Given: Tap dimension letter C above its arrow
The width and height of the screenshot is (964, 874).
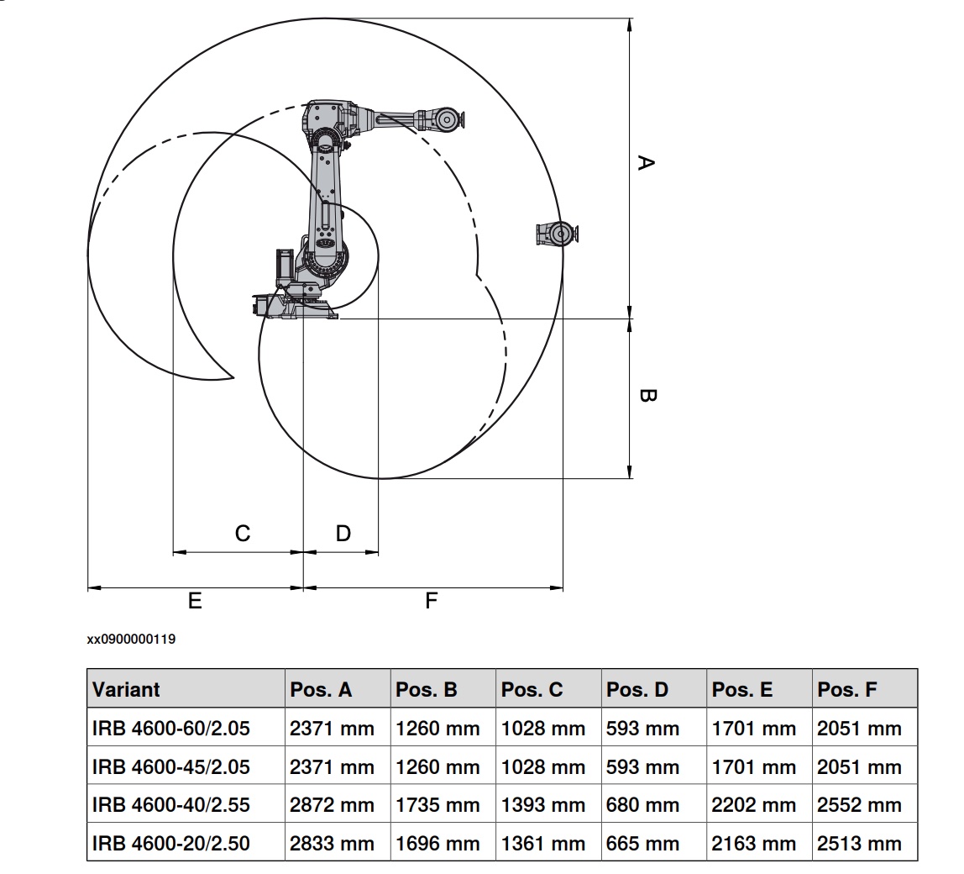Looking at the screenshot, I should (x=242, y=533).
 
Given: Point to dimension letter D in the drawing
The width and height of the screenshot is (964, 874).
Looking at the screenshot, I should (x=343, y=533).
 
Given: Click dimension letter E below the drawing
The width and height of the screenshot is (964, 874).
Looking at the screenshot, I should (x=195, y=600).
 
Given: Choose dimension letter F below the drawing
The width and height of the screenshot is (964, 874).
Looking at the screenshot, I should (x=432, y=600).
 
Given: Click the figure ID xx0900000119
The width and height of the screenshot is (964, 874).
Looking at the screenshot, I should (x=131, y=640).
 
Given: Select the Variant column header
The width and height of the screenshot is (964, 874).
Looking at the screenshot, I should (x=126, y=690).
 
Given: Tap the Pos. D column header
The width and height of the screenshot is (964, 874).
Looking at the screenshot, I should (x=637, y=690).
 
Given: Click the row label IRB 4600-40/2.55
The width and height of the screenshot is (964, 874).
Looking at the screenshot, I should (x=170, y=804).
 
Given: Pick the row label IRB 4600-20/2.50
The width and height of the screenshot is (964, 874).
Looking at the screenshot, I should (x=170, y=843).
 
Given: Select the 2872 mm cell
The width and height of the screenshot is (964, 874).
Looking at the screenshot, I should (x=332, y=804).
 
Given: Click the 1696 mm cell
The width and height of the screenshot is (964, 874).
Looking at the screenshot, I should (x=437, y=843).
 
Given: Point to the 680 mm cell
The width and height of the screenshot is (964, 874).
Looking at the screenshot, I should (x=642, y=804).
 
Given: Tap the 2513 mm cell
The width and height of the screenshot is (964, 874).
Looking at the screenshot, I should (x=859, y=843).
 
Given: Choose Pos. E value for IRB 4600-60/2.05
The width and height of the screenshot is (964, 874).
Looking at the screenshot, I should (x=753, y=729).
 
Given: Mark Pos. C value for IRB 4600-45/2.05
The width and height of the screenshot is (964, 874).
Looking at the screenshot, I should (x=542, y=766).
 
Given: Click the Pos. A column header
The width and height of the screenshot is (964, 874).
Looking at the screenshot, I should (x=321, y=690).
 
